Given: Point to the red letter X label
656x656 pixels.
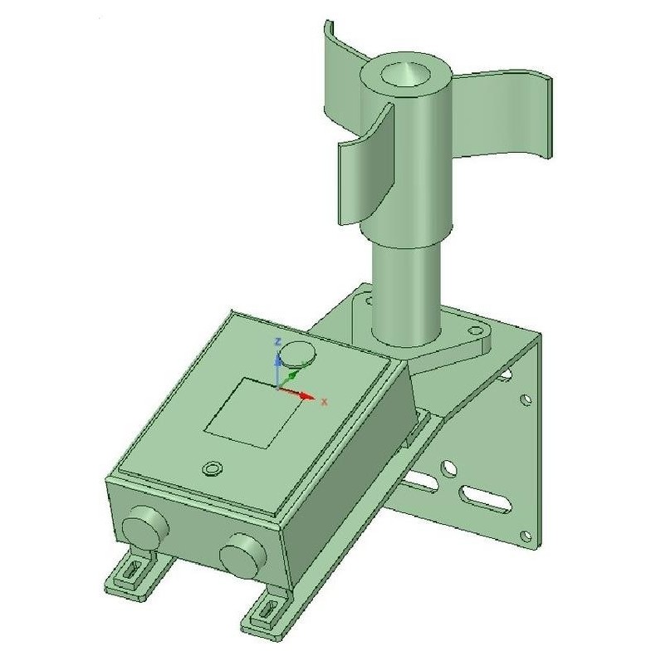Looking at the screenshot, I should point(325,401).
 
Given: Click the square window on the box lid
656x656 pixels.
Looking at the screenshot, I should point(252,413).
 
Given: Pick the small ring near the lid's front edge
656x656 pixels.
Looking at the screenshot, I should point(213,469).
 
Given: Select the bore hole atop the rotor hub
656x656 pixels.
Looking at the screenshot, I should point(407,76).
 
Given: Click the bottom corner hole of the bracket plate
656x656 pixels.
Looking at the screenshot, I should point(524,536).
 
